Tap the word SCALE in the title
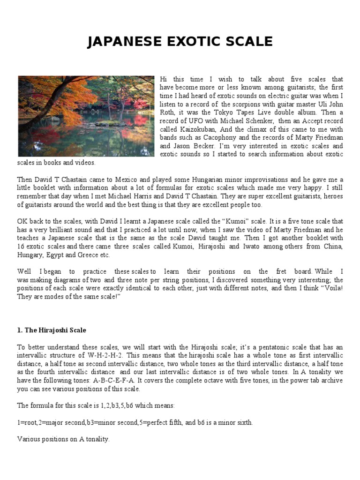pyautogui.click(x=248, y=42)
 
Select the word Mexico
pyautogui.click(x=113, y=180)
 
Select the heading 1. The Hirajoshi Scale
pyautogui.click(x=52, y=330)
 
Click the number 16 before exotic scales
pyautogui.click(x=21, y=247)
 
